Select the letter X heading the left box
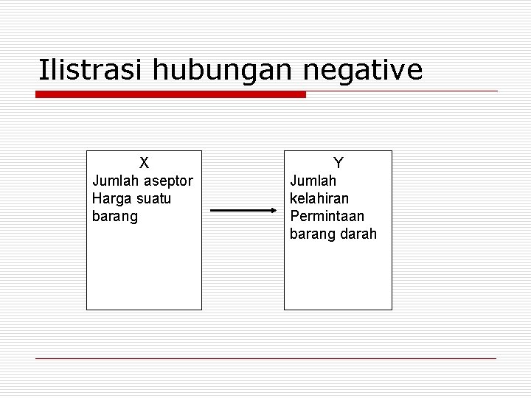145,162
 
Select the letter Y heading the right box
338,162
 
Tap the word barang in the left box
115,217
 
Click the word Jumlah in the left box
117,181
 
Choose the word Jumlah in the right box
313,181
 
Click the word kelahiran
320,199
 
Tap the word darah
358,234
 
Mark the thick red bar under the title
170,94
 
